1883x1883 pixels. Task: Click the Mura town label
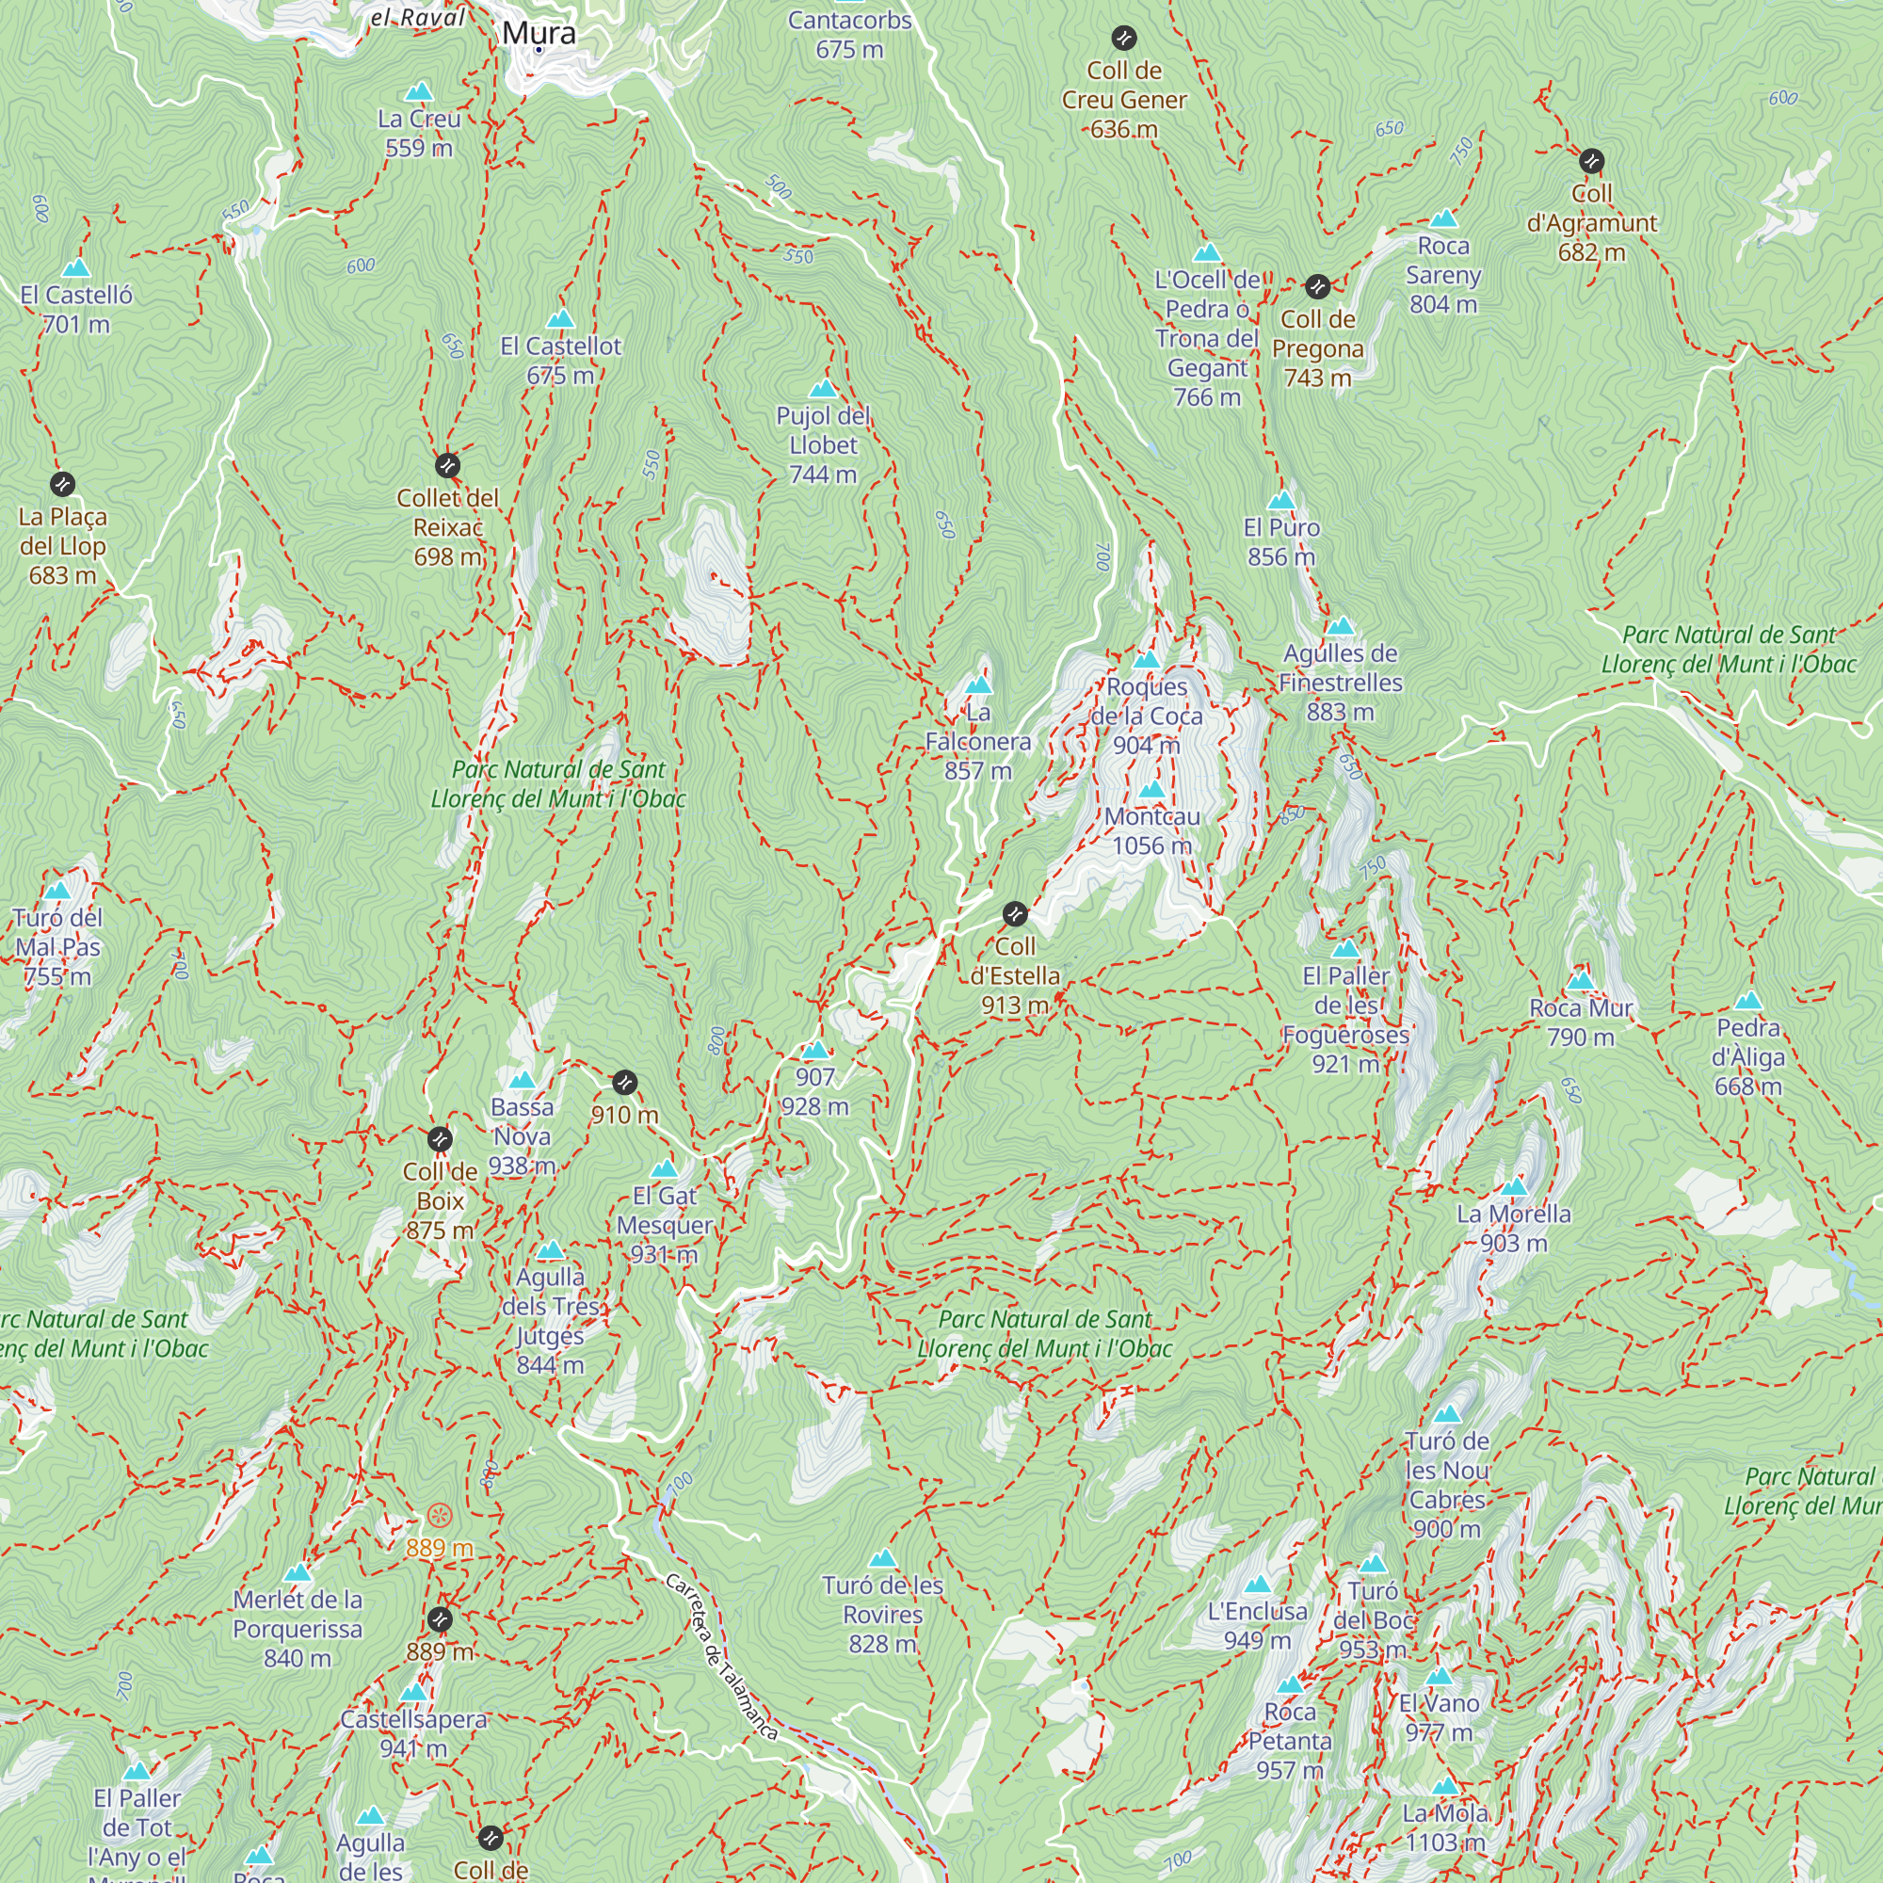[x=539, y=33]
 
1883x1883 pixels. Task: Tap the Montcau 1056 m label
[x=1152, y=830]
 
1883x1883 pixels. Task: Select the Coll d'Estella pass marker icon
[x=1015, y=914]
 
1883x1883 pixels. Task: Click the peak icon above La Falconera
[x=978, y=685]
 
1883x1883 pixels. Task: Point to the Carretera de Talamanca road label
[x=721, y=1657]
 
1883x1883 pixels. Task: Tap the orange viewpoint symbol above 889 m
[x=440, y=1516]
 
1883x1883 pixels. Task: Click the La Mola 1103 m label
[x=1445, y=1827]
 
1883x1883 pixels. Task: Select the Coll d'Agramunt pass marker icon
[x=1591, y=161]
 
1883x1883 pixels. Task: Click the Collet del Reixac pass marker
[x=447, y=465]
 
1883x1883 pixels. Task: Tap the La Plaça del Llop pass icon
[x=62, y=483]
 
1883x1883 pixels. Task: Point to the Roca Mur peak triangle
[x=1581, y=980]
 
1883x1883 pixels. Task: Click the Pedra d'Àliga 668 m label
[x=1748, y=1056]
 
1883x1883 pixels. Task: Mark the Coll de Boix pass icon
[x=440, y=1138]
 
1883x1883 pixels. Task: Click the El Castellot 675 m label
[x=560, y=360]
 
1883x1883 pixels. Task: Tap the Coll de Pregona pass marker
[x=1318, y=286]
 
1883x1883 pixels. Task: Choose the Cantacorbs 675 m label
[x=850, y=34]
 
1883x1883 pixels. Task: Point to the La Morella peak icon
[x=1514, y=1187]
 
